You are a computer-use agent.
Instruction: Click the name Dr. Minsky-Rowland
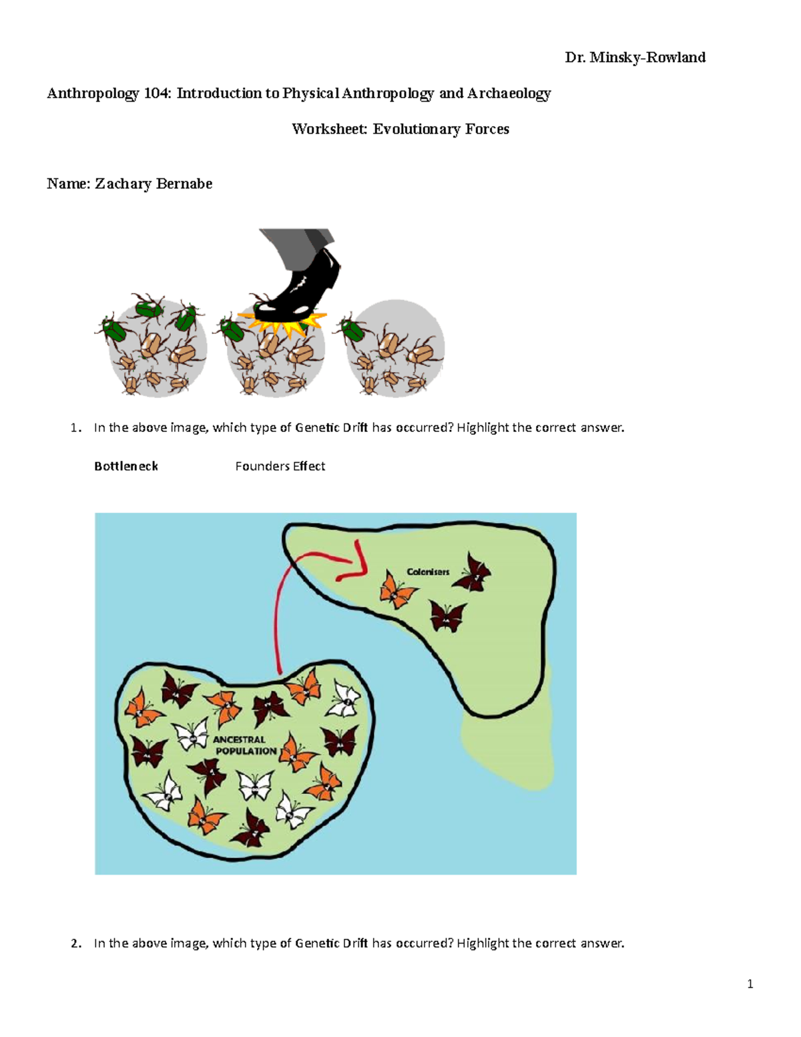tap(635, 57)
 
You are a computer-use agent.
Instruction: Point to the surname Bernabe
tap(184, 184)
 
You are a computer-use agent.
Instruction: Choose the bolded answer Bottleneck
tap(125, 466)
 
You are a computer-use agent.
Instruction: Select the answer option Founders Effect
tap(280, 466)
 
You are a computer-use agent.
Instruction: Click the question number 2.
tap(76, 944)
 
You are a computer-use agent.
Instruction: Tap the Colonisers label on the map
tap(428, 572)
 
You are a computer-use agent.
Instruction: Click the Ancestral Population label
tap(244, 745)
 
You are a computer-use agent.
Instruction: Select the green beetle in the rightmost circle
tap(352, 330)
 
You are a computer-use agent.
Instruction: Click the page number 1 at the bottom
tap(750, 984)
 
